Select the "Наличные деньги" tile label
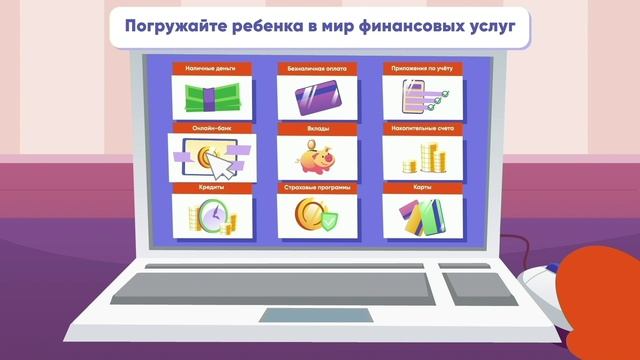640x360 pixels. tap(208, 68)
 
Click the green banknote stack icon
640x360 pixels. tap(208, 98)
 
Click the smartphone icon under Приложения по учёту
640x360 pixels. tap(412, 98)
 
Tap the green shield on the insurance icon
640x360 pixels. tap(328, 219)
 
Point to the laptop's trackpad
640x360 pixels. tap(318, 315)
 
